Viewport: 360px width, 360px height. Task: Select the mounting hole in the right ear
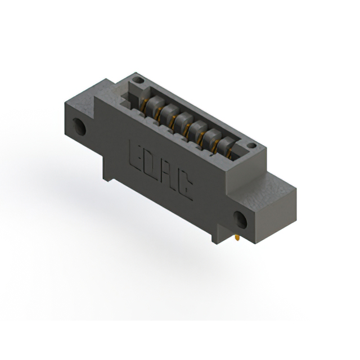[240, 220]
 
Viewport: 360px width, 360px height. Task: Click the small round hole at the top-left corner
[138, 80]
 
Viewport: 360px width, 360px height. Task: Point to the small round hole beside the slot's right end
[252, 146]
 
